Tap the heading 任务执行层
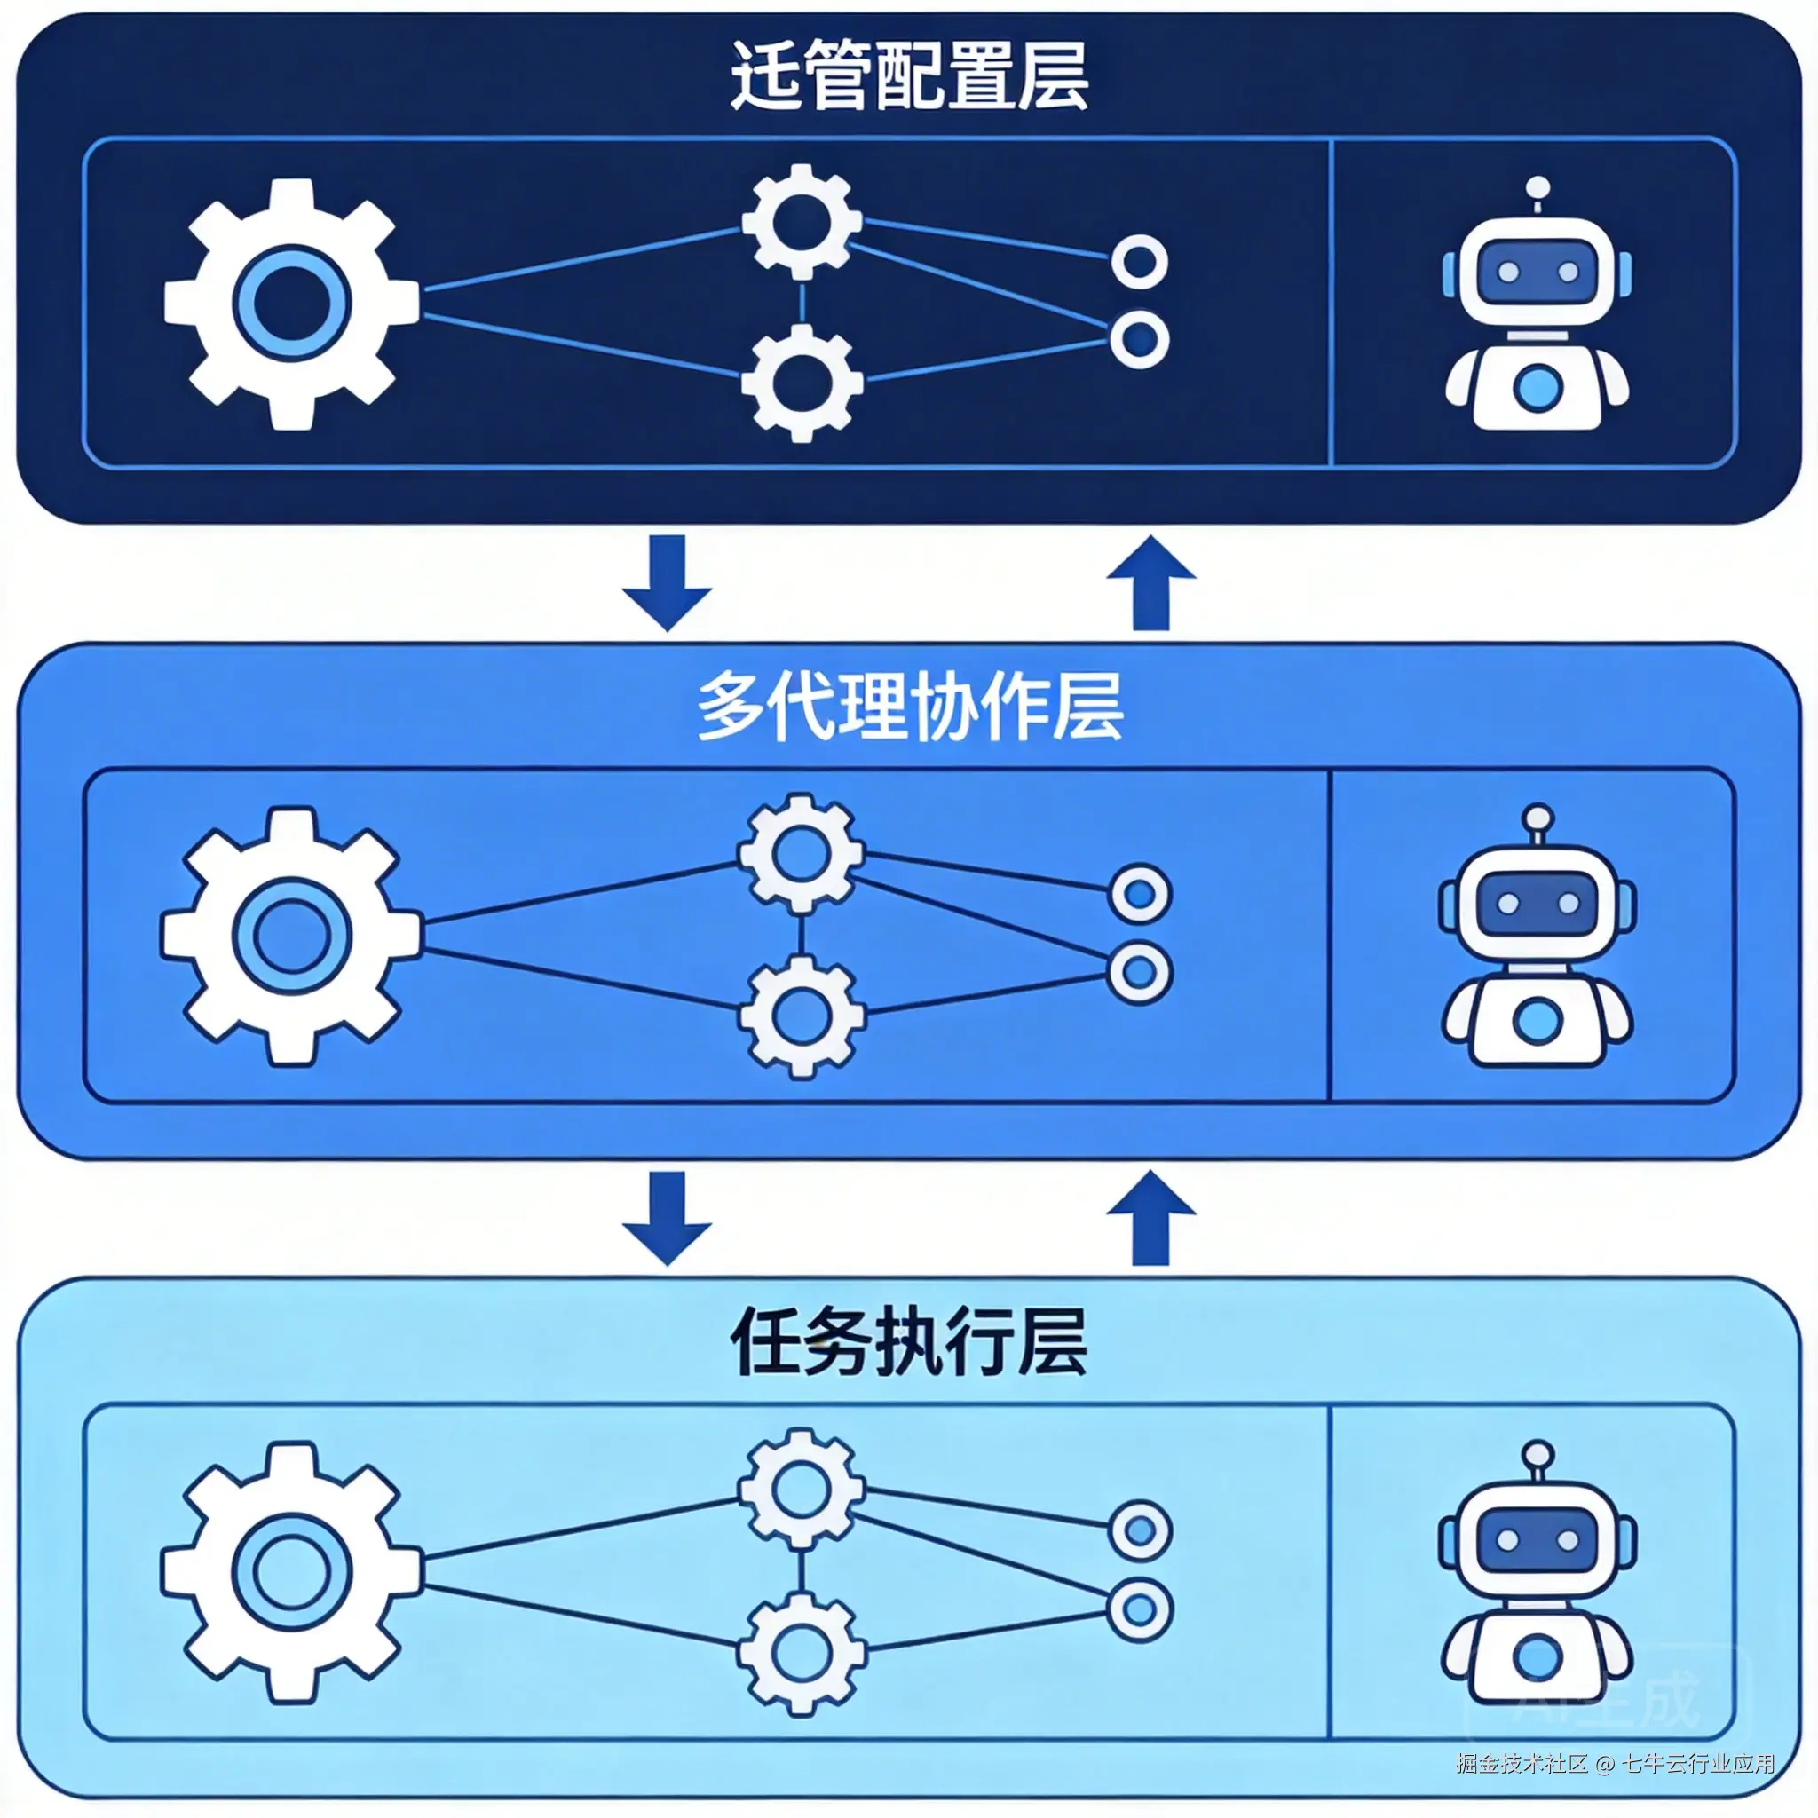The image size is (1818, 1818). [909, 1342]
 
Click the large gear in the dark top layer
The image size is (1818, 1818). [292, 304]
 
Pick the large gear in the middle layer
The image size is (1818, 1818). [292, 937]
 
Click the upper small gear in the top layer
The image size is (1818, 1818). [802, 222]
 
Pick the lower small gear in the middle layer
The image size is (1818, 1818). [802, 1016]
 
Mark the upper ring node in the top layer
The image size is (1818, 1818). [1140, 262]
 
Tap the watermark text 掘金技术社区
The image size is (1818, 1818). [1521, 1762]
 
